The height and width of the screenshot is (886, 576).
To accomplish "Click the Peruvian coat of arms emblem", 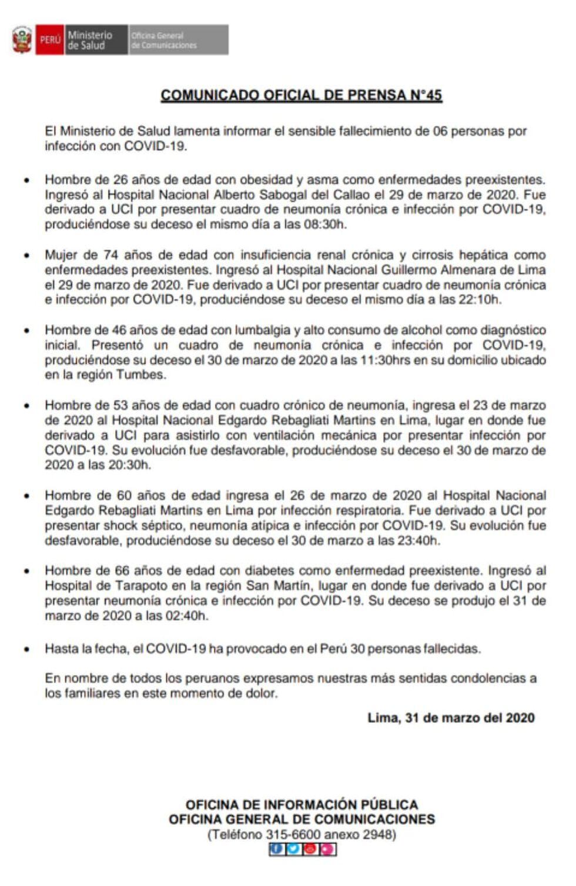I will click(x=22, y=40).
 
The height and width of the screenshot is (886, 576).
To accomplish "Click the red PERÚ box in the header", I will click(x=50, y=40).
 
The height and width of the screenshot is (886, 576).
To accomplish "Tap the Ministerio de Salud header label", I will click(x=89, y=40).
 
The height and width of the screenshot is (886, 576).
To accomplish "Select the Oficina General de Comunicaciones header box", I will click(x=178, y=40).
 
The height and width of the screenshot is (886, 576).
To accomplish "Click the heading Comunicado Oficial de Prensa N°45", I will click(x=301, y=95).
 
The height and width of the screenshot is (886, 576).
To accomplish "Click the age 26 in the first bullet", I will click(x=120, y=180).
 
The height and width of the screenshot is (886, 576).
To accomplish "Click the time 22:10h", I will click(x=480, y=300).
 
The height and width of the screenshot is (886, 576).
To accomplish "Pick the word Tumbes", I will click(x=140, y=375).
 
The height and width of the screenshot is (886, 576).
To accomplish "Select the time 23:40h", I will click(x=418, y=541).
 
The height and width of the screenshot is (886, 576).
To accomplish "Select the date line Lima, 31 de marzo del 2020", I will click(x=451, y=718).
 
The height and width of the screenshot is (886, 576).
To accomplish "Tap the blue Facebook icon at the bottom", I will click(x=276, y=849).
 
